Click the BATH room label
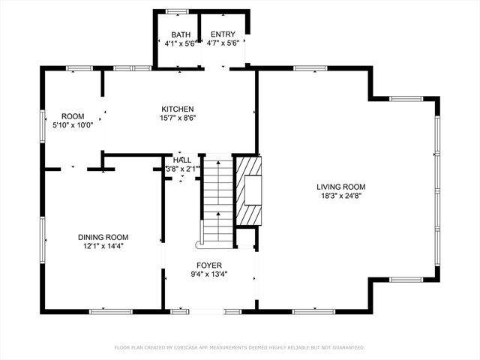pyautogui.click(x=181, y=34)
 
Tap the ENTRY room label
pyautogui.click(x=223, y=34)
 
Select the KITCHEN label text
pyautogui.click(x=178, y=109)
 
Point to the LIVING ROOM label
pyautogui.click(x=341, y=187)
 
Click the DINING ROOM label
pyautogui.click(x=103, y=237)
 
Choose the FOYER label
pyautogui.click(x=209, y=265)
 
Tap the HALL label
pyautogui.click(x=182, y=160)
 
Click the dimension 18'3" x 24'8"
pyautogui.click(x=341, y=196)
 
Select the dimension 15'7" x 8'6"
pyautogui.click(x=178, y=118)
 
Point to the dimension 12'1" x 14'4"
pyautogui.click(x=103, y=246)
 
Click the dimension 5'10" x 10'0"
pyautogui.click(x=73, y=125)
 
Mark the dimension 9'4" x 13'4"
pyautogui.click(x=209, y=274)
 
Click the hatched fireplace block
pyautogui.click(x=248, y=191)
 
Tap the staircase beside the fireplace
pyautogui.click(x=218, y=199)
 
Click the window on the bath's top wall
pyautogui.click(x=178, y=12)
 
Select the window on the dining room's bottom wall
pyautogui.click(x=111, y=312)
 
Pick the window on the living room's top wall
pyautogui.click(x=310, y=68)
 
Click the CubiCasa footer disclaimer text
pyautogui.click(x=240, y=347)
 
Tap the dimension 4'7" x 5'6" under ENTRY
pyautogui.click(x=223, y=43)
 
